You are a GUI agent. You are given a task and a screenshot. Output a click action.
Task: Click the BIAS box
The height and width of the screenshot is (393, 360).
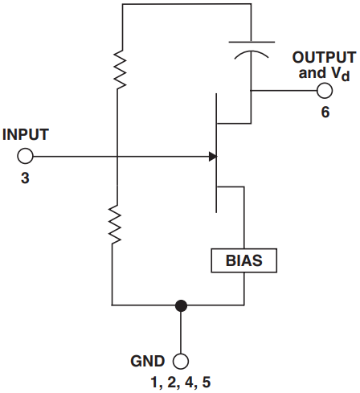click(243, 261)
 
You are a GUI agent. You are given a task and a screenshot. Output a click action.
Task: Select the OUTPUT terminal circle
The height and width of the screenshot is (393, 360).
click(325, 91)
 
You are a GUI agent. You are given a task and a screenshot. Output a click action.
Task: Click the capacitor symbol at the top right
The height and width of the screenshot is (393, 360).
click(251, 47)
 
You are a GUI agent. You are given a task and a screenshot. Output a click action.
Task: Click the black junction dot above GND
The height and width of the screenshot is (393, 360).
click(181, 305)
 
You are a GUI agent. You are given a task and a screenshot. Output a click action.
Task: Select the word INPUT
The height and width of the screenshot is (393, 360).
click(26, 134)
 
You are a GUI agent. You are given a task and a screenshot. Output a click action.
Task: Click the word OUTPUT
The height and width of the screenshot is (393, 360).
click(324, 58)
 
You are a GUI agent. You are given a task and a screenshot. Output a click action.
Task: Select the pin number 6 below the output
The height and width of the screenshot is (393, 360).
click(325, 113)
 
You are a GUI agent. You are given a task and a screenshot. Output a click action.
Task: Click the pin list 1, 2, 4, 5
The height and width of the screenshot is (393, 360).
click(181, 381)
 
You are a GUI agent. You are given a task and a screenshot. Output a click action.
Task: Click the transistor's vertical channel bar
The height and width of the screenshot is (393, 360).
click(217, 153)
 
